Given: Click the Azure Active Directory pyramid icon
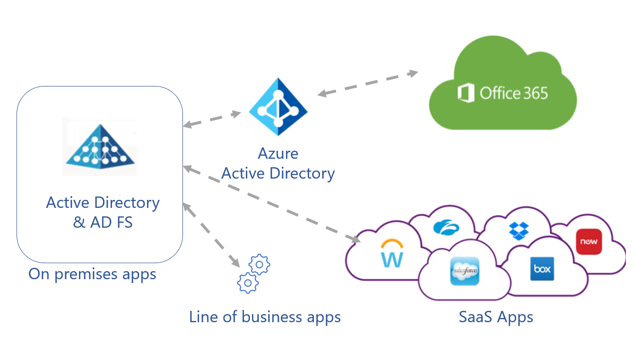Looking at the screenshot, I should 278,107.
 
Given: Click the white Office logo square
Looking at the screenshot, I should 466,93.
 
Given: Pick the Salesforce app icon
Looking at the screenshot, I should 465,271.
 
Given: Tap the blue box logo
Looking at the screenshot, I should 542,269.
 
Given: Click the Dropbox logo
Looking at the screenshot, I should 520,230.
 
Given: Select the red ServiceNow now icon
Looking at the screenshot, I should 589,241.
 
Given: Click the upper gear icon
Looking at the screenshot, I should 260,265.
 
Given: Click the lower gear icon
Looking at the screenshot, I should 248,283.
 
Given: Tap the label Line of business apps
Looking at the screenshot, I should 265,317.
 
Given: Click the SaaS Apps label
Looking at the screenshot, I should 496,317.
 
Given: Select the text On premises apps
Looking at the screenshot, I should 92,274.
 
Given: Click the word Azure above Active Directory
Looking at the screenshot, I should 278,154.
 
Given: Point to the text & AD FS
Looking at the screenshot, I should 103,222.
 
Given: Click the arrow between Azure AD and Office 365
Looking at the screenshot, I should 367,83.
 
